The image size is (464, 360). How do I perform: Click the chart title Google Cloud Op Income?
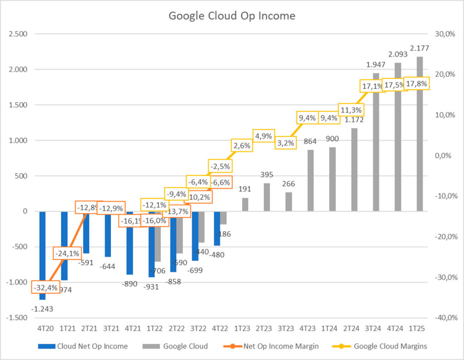pos(232,16)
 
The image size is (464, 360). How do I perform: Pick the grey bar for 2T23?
pos(267,197)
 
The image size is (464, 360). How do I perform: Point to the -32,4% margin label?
pos(45,287)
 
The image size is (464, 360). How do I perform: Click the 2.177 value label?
pos(419,48)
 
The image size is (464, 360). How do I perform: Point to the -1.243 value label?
pos(42,309)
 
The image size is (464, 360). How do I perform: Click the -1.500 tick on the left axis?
pos(17,318)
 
